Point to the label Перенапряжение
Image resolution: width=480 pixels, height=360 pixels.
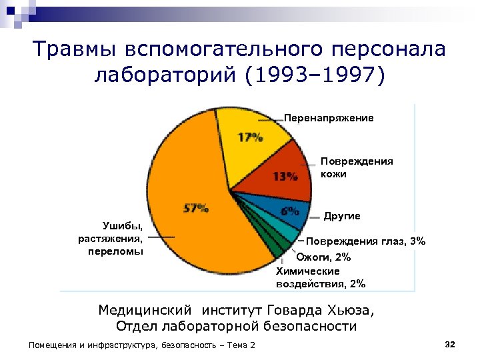coord(329,118)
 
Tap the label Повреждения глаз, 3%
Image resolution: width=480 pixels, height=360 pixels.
coord(365,241)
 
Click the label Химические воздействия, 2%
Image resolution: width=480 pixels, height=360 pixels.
coord(321,277)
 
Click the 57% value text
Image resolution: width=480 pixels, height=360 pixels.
coord(195,208)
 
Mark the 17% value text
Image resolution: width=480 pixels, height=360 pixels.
coord(251,137)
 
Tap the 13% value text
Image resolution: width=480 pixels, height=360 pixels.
coord(285,177)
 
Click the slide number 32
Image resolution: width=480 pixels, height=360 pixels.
coord(449,343)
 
